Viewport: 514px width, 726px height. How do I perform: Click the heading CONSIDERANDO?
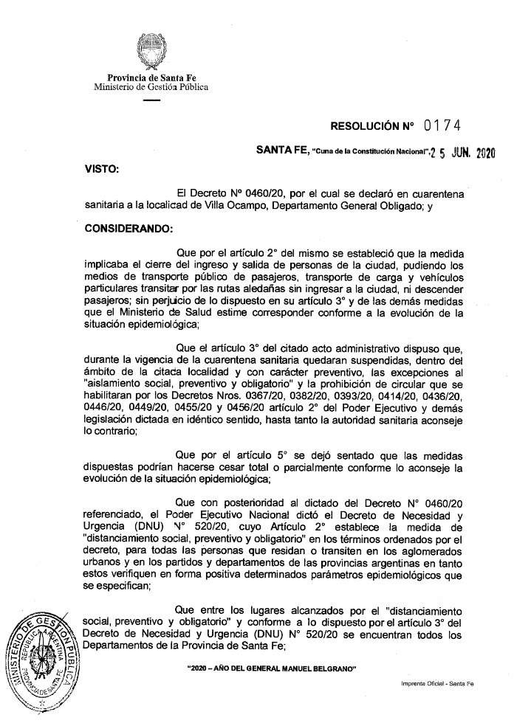click(x=128, y=228)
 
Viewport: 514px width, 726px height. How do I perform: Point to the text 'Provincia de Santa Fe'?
click(x=151, y=77)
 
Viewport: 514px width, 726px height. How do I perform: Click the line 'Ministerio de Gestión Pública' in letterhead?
click(x=151, y=87)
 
